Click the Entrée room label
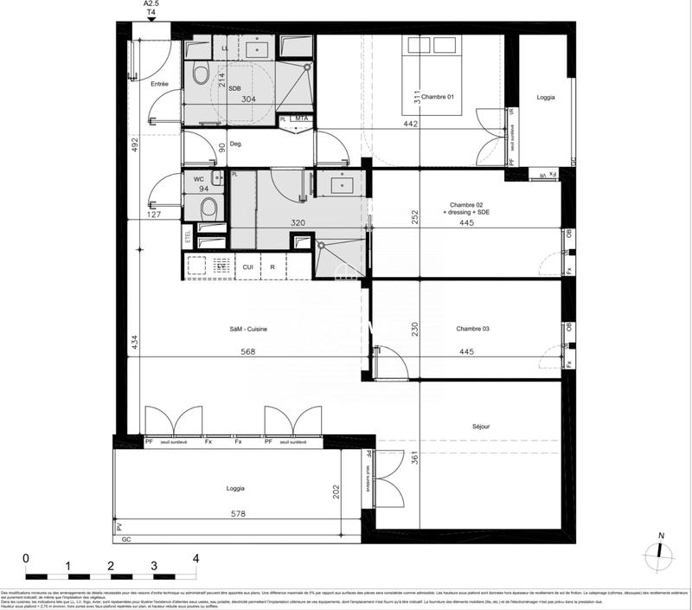pyautogui.click(x=159, y=84)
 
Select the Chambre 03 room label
pyautogui.click(x=473, y=329)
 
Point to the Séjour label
pyautogui.click(x=481, y=427)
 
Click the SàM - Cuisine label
pyautogui.click(x=248, y=329)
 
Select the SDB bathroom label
pyautogui.click(x=234, y=88)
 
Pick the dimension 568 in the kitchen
pyautogui.click(x=248, y=352)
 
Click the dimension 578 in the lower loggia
pyautogui.click(x=238, y=515)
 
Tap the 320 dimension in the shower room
pyautogui.click(x=298, y=222)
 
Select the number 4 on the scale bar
pyautogui.click(x=196, y=558)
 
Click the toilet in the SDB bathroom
pyautogui.click(x=202, y=73)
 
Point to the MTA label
pyautogui.click(x=301, y=119)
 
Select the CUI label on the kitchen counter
pyautogui.click(x=247, y=267)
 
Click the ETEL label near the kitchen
pyautogui.click(x=188, y=235)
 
